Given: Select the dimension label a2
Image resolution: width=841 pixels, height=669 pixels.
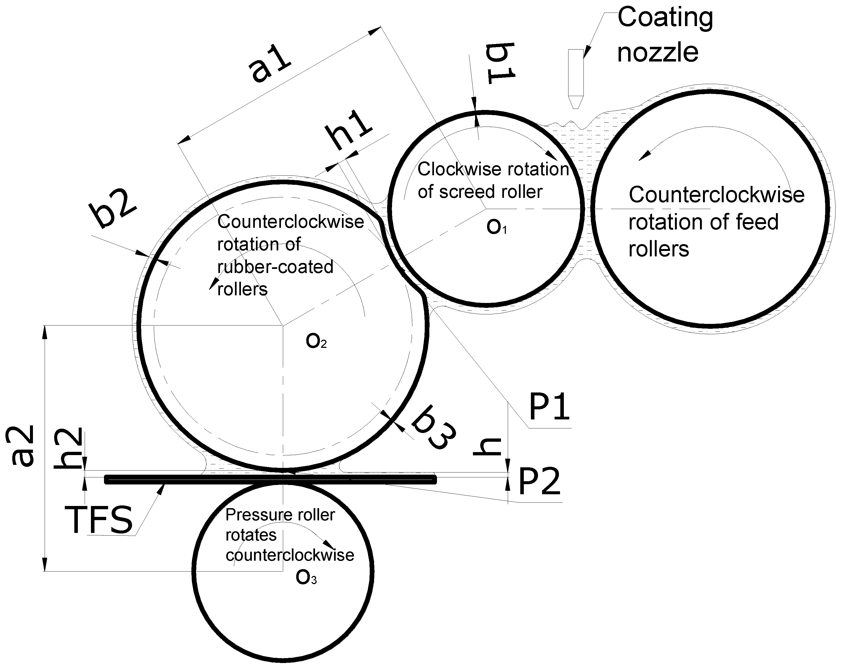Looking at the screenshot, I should pos(22,446).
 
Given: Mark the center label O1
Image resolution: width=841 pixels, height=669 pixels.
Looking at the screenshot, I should pos(496,227).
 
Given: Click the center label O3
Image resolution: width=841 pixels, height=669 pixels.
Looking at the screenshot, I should pos(306,578).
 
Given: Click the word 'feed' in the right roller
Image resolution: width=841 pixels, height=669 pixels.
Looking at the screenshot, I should pos(757,222).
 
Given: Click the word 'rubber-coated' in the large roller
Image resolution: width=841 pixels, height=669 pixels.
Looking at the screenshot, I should pos(275,267).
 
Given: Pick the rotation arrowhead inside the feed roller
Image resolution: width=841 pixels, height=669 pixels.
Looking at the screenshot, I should pos(644,155).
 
